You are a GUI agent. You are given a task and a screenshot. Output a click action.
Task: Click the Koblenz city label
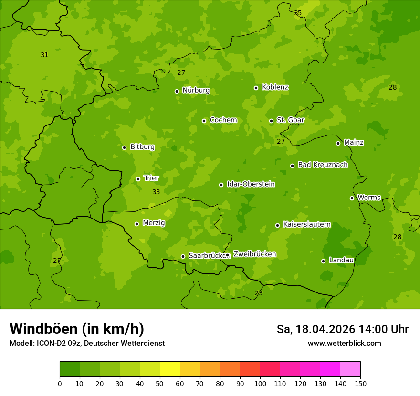point(275,87)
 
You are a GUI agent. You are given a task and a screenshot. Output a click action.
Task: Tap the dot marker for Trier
point(138,179)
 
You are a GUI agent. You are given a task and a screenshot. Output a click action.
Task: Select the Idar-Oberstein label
point(251,184)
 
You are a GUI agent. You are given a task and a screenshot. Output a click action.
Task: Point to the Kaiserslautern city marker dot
point(277,225)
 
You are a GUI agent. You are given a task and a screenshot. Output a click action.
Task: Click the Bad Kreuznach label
point(323,165)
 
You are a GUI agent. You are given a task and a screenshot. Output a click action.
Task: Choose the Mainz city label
point(354,142)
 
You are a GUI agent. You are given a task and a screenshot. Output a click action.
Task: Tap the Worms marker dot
point(352,198)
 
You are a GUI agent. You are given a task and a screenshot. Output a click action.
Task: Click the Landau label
point(341,260)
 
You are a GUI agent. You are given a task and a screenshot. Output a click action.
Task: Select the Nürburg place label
point(196,90)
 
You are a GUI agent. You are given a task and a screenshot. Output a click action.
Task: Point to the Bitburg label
point(142,147)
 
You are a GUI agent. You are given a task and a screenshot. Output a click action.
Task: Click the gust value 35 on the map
point(298,13)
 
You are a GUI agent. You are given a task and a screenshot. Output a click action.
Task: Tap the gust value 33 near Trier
point(156,192)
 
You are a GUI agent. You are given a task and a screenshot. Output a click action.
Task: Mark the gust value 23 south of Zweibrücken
point(258,293)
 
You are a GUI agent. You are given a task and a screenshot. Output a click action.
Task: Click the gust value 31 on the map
point(44,55)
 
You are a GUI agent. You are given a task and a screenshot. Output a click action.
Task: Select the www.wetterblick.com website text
point(344,343)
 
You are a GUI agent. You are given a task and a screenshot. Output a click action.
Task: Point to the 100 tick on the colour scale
point(260,383)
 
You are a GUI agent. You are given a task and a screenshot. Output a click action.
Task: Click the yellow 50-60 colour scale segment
point(170,369)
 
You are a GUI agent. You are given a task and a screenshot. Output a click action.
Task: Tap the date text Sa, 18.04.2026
point(316,329)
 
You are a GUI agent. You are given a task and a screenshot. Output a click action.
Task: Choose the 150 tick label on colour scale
point(360,383)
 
